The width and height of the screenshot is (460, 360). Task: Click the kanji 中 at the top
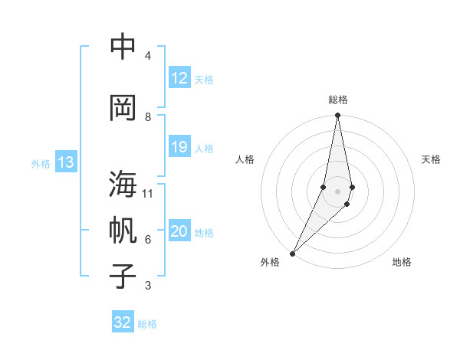pyautogui.click(x=123, y=48)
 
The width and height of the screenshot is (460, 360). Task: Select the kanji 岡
pyautogui.click(x=123, y=108)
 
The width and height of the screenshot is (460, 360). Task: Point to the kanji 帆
pyautogui.click(x=123, y=231)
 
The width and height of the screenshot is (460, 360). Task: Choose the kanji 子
pyautogui.click(x=123, y=276)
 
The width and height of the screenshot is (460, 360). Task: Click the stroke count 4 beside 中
pyautogui.click(x=147, y=56)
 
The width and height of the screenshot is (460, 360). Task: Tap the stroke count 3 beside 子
pyautogui.click(x=147, y=286)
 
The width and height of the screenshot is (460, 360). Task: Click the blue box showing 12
pyautogui.click(x=179, y=78)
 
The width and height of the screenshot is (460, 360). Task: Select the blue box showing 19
pyautogui.click(x=179, y=147)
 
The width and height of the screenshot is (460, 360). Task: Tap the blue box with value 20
pyautogui.click(x=179, y=231)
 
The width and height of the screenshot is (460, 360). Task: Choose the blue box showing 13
pyautogui.click(x=65, y=162)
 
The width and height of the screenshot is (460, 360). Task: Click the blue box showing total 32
pyautogui.click(x=123, y=322)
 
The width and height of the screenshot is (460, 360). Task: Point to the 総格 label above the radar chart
pyautogui.click(x=338, y=100)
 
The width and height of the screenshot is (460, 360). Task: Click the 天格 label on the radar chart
pyautogui.click(x=431, y=159)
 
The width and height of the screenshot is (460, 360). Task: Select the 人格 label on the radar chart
pyautogui.click(x=245, y=159)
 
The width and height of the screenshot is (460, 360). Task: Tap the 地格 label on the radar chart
pyautogui.click(x=402, y=262)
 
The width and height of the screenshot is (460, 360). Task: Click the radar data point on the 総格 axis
pyautogui.click(x=338, y=116)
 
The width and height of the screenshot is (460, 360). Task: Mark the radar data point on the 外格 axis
pyautogui.click(x=293, y=253)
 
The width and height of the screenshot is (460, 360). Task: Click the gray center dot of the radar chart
pyautogui.click(x=338, y=191)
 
